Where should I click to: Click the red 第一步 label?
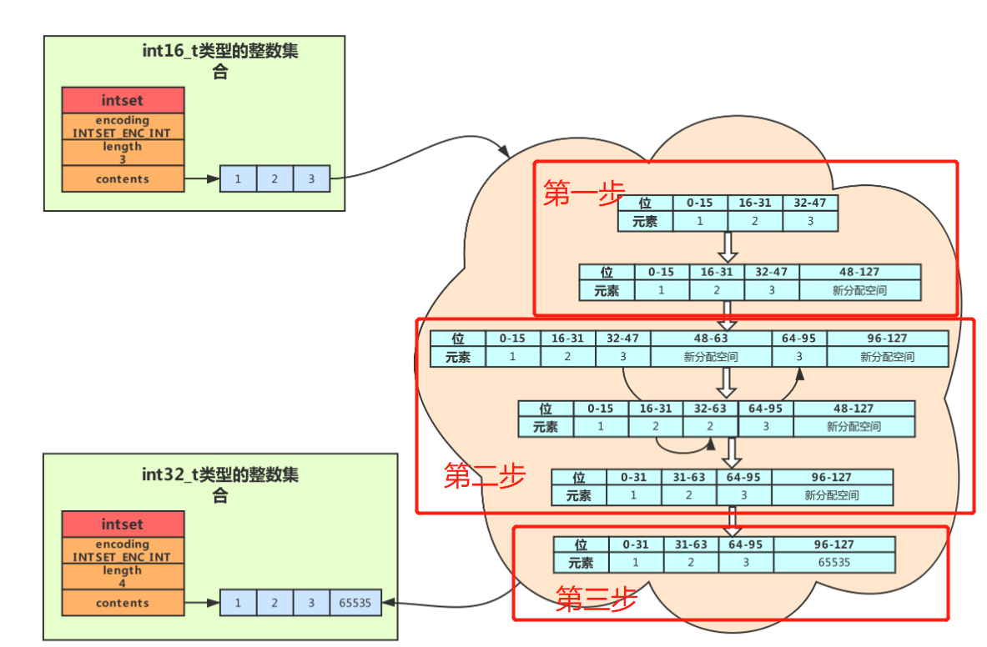(584, 193)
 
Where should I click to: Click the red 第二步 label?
(484, 476)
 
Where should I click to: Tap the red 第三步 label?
(596, 599)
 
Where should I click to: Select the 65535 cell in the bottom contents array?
(356, 602)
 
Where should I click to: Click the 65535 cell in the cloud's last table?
(833, 562)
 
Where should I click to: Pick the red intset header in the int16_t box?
(123, 100)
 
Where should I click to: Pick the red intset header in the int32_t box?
(123, 524)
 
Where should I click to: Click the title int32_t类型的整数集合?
(220, 484)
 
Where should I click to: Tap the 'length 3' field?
(123, 153)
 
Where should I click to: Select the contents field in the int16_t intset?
(123, 178)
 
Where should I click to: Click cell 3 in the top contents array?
(311, 178)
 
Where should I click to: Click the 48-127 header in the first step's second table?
(859, 272)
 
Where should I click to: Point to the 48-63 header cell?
(711, 339)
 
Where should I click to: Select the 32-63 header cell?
(710, 409)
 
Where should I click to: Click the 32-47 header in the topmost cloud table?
(809, 203)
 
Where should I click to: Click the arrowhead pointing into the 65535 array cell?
(388, 602)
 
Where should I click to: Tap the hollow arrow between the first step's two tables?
(728, 247)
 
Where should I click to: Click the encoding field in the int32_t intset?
(123, 550)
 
